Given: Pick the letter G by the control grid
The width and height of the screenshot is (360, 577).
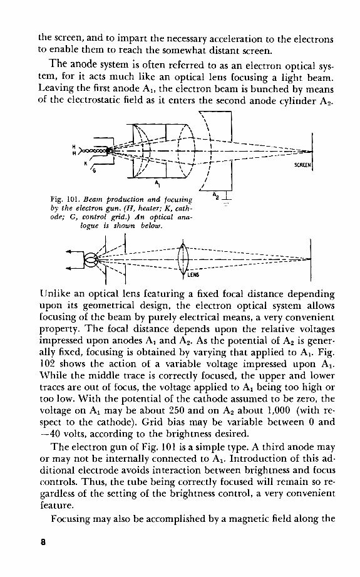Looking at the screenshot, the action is [95, 170].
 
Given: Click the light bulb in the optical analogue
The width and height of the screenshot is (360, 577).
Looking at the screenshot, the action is [90, 258].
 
